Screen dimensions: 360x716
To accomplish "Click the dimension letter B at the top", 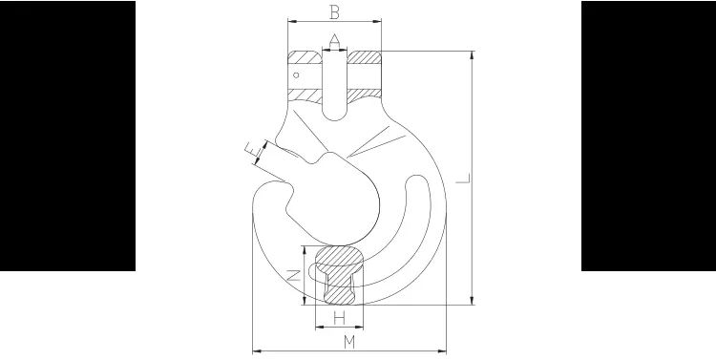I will [333, 12].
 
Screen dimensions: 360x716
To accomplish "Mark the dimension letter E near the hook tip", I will [249, 149].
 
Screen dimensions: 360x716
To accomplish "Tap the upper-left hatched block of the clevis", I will [305, 58].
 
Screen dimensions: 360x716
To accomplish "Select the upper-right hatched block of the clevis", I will [365, 58].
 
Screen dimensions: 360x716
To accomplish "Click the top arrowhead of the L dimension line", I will [472, 53].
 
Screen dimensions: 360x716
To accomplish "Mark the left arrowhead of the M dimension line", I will [255, 351].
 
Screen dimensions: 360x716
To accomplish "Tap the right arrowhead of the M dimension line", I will [445, 351].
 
